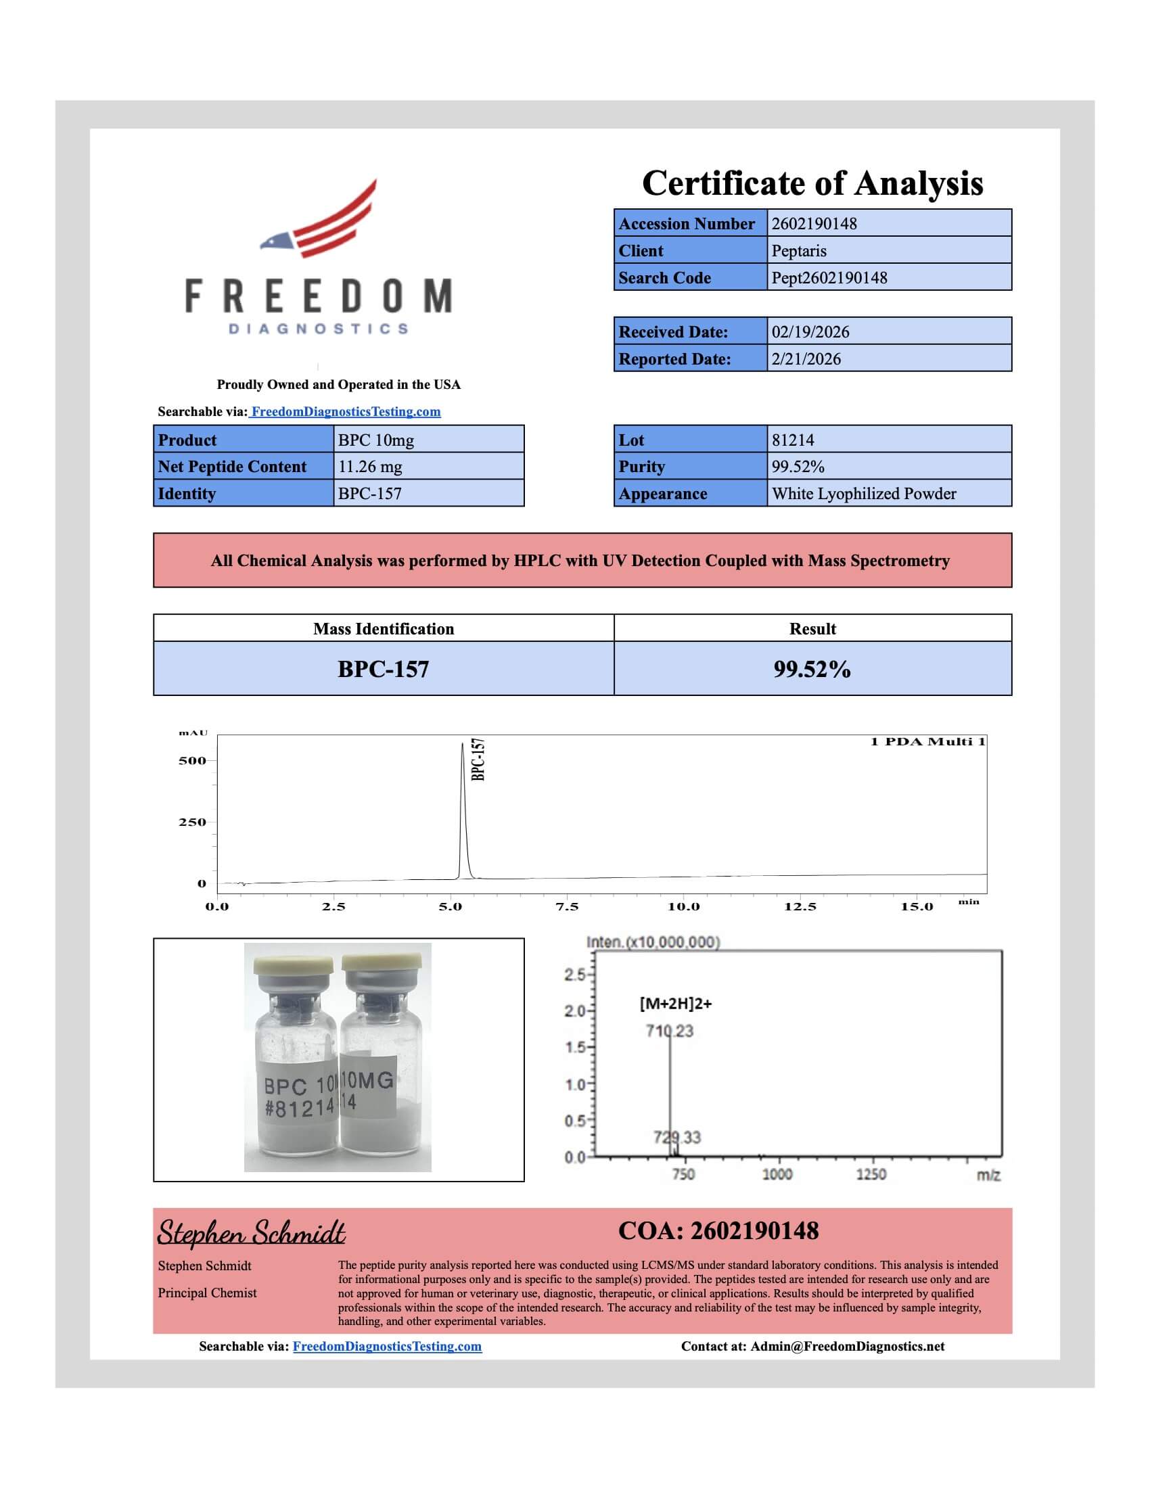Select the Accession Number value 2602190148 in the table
pyautogui.click(x=814, y=223)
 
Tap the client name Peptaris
pyautogui.click(x=798, y=251)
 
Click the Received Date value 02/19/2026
pyautogui.click(x=810, y=332)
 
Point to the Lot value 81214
pyautogui.click(x=792, y=440)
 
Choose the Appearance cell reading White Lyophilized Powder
pyautogui.click(x=863, y=494)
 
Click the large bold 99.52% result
pyautogui.click(x=811, y=669)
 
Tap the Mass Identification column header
pyautogui.click(x=384, y=629)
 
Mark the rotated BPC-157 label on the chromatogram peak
pyautogui.click(x=478, y=759)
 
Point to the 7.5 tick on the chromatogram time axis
pyautogui.click(x=567, y=906)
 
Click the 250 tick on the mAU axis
pyautogui.click(x=192, y=822)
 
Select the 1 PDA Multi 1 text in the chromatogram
pyautogui.click(x=927, y=742)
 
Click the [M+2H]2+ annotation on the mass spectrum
pyautogui.click(x=675, y=1003)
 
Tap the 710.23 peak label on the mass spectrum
pyautogui.click(x=670, y=1031)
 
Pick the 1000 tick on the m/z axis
pyautogui.click(x=777, y=1174)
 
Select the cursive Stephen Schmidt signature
pyautogui.click(x=252, y=1232)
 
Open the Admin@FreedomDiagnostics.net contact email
pyautogui.click(x=847, y=1346)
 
